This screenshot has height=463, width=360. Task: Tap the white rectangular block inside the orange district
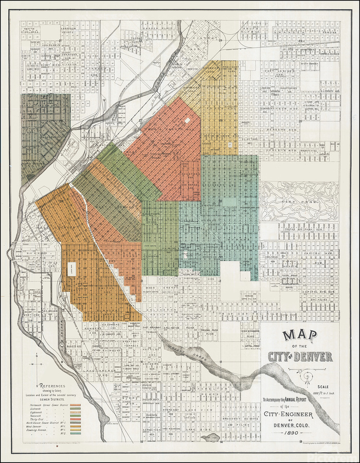tap(71, 269)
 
